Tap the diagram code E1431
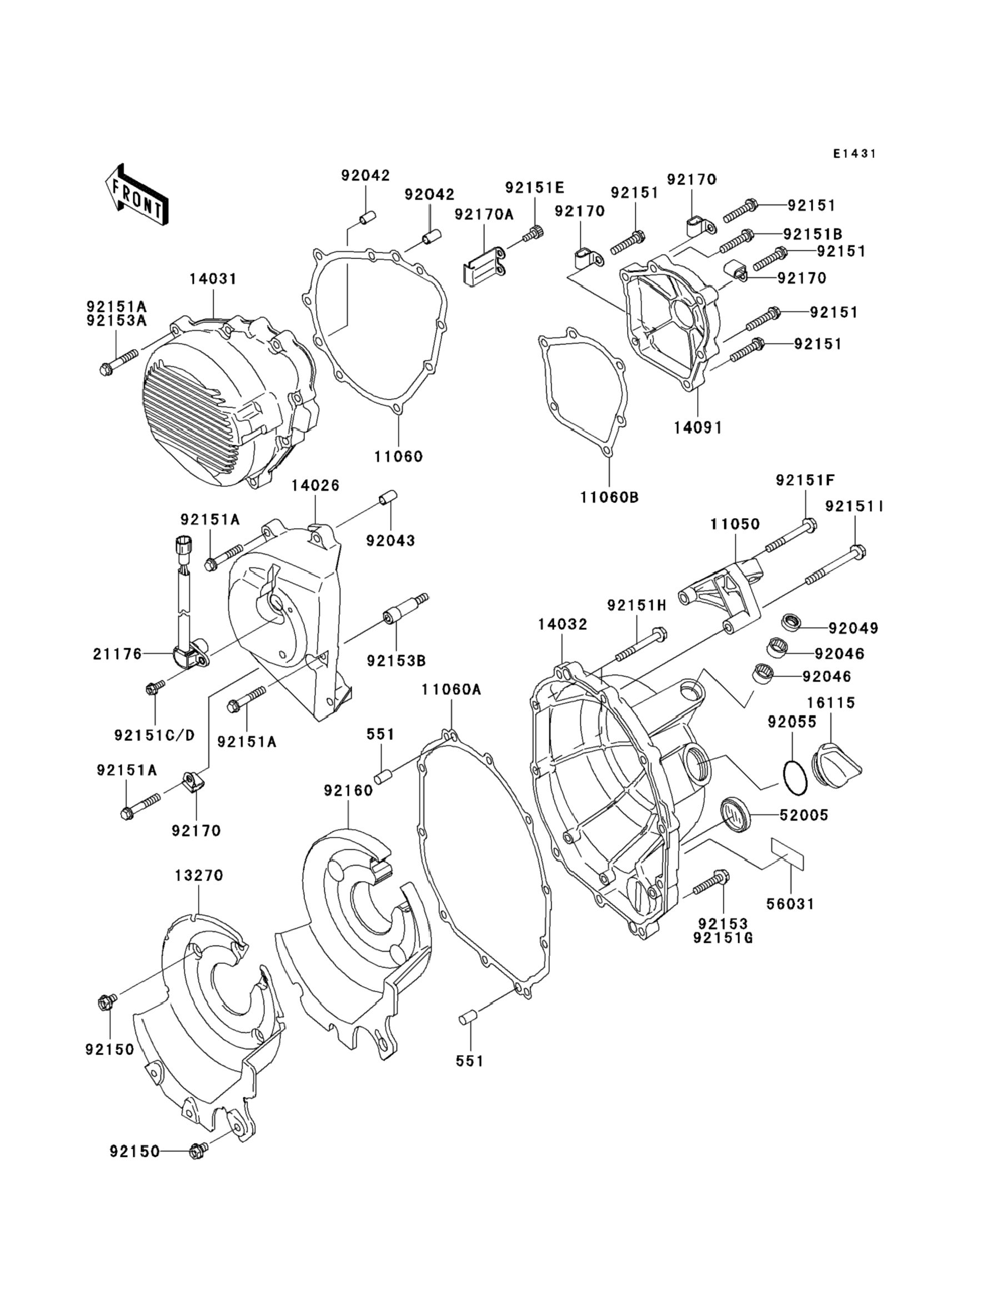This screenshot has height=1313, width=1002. [855, 154]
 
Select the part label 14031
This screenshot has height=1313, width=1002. [213, 278]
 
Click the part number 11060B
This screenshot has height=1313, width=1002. [609, 497]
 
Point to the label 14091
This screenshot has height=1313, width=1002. [698, 428]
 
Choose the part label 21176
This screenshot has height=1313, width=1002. [118, 654]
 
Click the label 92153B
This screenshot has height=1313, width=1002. [396, 661]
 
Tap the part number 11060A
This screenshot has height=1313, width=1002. [452, 690]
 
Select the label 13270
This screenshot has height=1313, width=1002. [199, 876]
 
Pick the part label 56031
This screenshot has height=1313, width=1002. [790, 904]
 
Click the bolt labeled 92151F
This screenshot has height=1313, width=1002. [790, 536]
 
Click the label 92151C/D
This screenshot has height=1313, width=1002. [154, 735]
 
